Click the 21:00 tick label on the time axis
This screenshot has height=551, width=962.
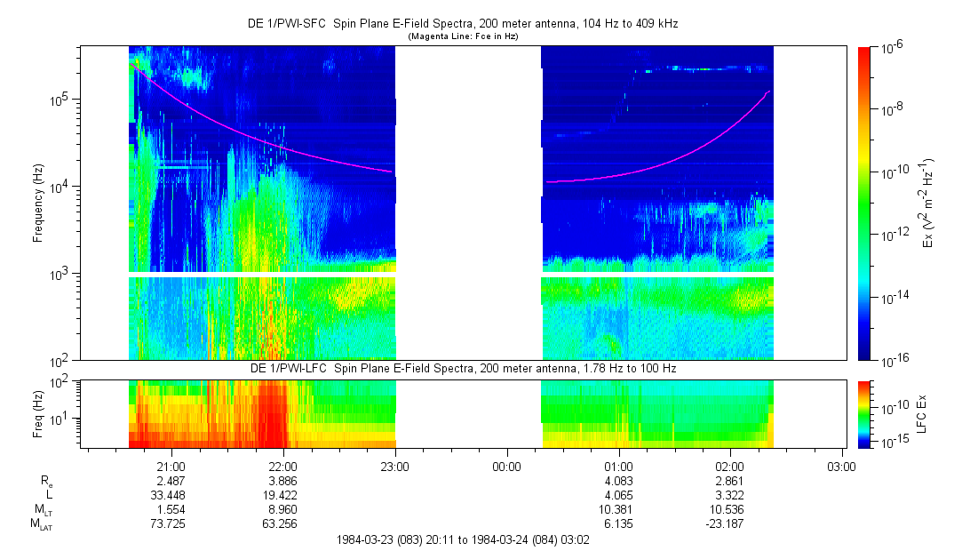click(x=171, y=466)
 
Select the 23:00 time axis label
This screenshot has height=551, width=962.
click(x=394, y=466)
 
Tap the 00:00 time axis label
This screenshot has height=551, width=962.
click(x=506, y=466)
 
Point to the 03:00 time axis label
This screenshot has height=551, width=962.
click(x=841, y=466)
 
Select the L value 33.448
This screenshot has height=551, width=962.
click(x=171, y=494)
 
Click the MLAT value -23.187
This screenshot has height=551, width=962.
click(x=729, y=523)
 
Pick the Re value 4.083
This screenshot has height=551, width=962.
click(x=618, y=480)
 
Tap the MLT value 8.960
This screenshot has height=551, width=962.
click(x=282, y=509)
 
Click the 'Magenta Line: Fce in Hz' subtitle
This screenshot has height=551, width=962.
click(x=463, y=36)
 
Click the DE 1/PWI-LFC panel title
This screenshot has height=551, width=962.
click(x=462, y=368)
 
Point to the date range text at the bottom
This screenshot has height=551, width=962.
click(x=463, y=539)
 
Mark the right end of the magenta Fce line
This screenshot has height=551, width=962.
click(x=769, y=91)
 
